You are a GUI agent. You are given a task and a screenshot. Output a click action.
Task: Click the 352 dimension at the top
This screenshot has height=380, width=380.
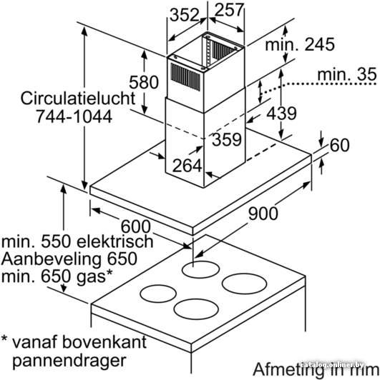click(x=185, y=15)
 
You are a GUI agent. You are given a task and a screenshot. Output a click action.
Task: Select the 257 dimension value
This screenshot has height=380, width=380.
click(x=229, y=10)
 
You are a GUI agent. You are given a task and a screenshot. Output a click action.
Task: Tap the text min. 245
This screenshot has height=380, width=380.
click(x=300, y=44)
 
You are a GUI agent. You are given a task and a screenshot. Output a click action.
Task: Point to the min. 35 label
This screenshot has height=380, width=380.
click(x=347, y=74)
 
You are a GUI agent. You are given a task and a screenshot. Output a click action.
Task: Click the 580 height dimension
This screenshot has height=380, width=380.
click(x=144, y=82)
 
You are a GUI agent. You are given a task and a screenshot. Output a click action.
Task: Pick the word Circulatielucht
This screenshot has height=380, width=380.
click(x=78, y=99)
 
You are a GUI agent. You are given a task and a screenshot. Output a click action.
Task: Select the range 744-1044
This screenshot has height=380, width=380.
click(x=74, y=116)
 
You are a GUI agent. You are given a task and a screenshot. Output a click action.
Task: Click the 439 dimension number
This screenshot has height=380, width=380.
click(x=282, y=113)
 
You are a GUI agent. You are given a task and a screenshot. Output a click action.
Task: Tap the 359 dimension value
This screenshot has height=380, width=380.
click(x=227, y=139)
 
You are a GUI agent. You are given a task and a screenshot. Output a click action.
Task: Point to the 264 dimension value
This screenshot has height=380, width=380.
click(x=187, y=166)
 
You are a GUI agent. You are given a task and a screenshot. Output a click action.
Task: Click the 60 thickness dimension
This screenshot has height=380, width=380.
click(x=340, y=145)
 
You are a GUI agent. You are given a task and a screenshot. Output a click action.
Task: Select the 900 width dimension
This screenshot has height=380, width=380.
click(x=263, y=214)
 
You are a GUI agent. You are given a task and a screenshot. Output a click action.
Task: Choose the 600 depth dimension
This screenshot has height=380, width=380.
click(x=136, y=227)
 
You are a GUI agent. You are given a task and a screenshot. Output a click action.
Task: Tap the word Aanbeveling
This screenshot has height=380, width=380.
click(x=51, y=259)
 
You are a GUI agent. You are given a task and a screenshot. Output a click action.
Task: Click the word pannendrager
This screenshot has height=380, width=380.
click(x=69, y=361)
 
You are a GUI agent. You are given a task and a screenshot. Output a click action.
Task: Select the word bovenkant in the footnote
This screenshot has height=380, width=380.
click(x=104, y=341)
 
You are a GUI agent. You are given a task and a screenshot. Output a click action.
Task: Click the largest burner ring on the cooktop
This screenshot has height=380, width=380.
click(x=244, y=284)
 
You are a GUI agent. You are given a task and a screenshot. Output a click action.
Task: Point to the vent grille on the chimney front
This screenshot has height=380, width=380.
click(x=186, y=77)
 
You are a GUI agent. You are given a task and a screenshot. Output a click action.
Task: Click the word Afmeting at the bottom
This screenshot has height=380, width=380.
click(x=288, y=370)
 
